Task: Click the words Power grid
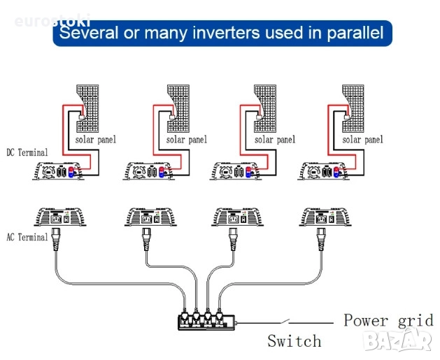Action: pyautogui.click(x=388, y=320)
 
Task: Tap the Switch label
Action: pyautogui.click(x=294, y=341)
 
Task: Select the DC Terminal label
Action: pyautogui.click(x=27, y=152)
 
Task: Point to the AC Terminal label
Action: pyautogui.click(x=27, y=237)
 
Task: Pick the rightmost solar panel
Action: pyautogui.click(x=355, y=108)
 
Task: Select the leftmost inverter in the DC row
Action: pyautogui.click(x=60, y=171)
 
